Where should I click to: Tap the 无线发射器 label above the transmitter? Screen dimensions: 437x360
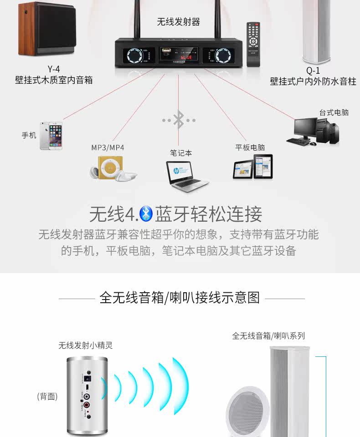pyautogui.click(x=179, y=22)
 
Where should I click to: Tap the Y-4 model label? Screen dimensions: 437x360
pyautogui.click(x=54, y=70)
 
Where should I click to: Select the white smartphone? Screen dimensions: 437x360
pyautogui.click(x=51, y=135)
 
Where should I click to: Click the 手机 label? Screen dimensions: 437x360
pyautogui.click(x=29, y=135)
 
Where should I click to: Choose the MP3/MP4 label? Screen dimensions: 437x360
pyautogui.click(x=108, y=147)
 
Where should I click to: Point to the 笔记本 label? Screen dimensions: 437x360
pyautogui.click(x=181, y=153)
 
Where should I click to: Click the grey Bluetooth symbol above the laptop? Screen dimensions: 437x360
pyautogui.click(x=179, y=120)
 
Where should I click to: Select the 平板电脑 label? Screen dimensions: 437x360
pyautogui.click(x=250, y=147)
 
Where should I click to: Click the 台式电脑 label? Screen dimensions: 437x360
pyautogui.click(x=334, y=112)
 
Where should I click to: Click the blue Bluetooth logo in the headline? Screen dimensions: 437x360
pyautogui.click(x=145, y=213)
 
